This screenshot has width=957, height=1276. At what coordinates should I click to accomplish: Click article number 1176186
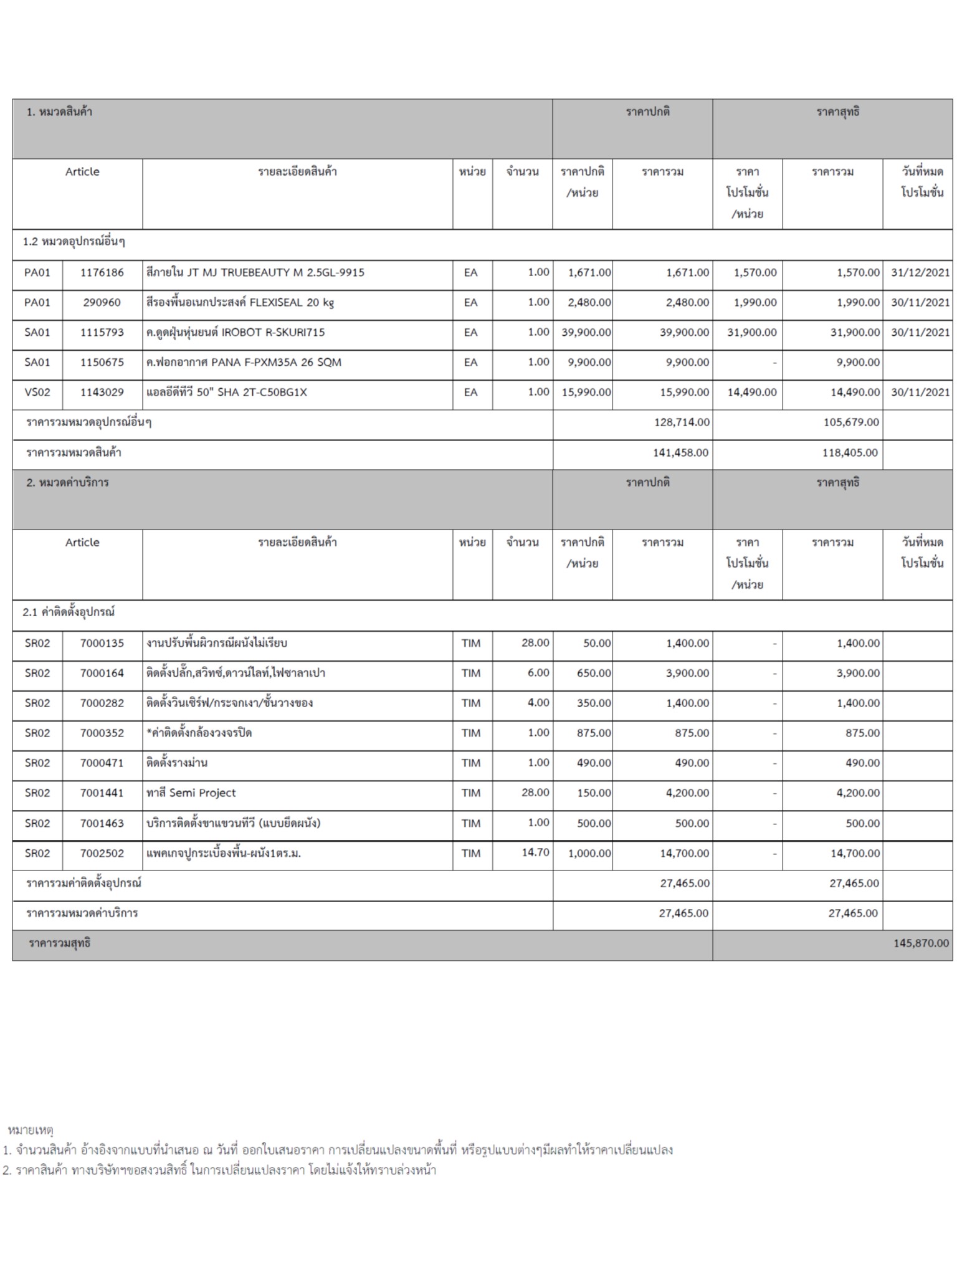click(x=102, y=272)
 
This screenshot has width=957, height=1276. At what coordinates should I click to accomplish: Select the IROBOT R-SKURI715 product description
click(x=236, y=332)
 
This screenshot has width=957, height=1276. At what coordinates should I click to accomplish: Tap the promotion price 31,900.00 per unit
click(x=751, y=332)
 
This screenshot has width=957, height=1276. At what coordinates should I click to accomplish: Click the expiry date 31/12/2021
click(x=920, y=272)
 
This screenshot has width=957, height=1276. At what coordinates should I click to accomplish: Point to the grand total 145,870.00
click(x=921, y=943)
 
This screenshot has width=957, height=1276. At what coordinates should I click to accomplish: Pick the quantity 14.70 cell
click(x=535, y=852)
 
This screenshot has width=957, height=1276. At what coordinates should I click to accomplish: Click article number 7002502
click(x=102, y=853)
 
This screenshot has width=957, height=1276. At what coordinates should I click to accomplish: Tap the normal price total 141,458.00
click(x=680, y=452)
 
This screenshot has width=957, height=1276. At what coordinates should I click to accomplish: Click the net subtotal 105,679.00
click(x=850, y=422)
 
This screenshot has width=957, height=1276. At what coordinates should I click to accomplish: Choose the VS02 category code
click(x=37, y=392)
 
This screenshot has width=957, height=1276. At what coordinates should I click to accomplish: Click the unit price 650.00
click(x=596, y=673)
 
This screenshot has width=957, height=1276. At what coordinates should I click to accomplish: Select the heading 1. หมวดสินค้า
click(x=59, y=112)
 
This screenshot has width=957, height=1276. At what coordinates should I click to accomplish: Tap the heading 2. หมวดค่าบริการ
click(x=67, y=482)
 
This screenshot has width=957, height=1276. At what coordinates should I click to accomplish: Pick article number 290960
click(x=102, y=302)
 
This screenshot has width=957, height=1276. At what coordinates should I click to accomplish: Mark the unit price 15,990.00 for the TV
click(x=586, y=392)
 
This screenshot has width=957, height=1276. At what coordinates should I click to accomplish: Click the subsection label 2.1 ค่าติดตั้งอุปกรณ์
click(x=69, y=612)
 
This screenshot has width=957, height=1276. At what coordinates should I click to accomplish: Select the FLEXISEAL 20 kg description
click(x=240, y=302)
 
